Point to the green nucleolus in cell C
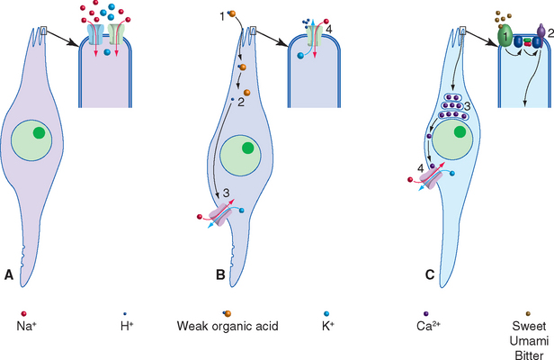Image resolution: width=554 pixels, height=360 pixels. pos(462,132)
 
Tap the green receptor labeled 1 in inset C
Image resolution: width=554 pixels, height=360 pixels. pos(505,37)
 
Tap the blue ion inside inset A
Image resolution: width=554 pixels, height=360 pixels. pos(106,55)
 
